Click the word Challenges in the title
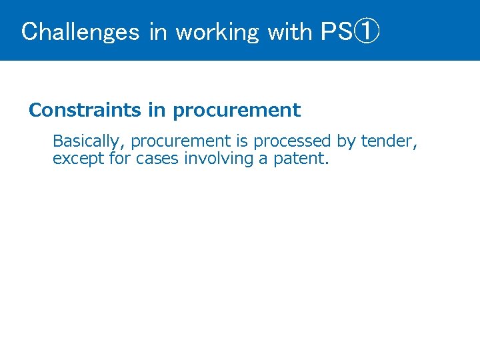tap(80, 31)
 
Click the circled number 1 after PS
tap(367, 31)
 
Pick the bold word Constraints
tap(85, 110)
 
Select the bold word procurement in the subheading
tap(236, 110)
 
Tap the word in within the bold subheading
tap(157, 110)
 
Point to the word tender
tap(389, 141)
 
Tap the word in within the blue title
tap(158, 31)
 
